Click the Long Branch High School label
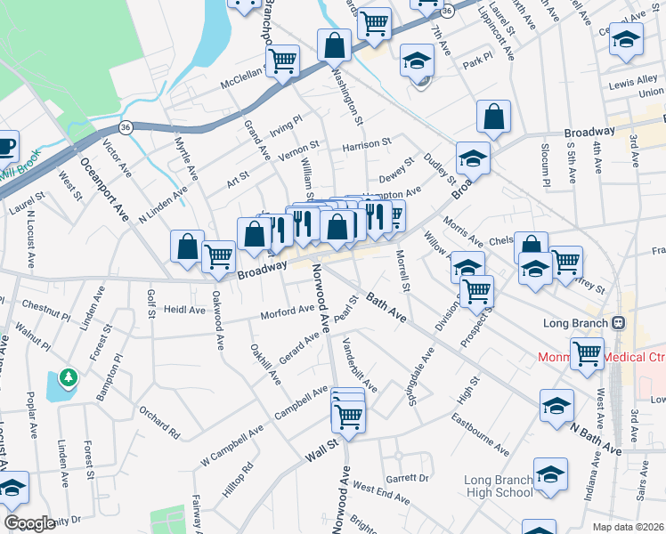(499, 486)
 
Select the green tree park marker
(69, 379)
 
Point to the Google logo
(29, 523)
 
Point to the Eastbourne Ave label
(479, 433)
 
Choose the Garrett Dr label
(408, 477)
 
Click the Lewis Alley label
(633, 82)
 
